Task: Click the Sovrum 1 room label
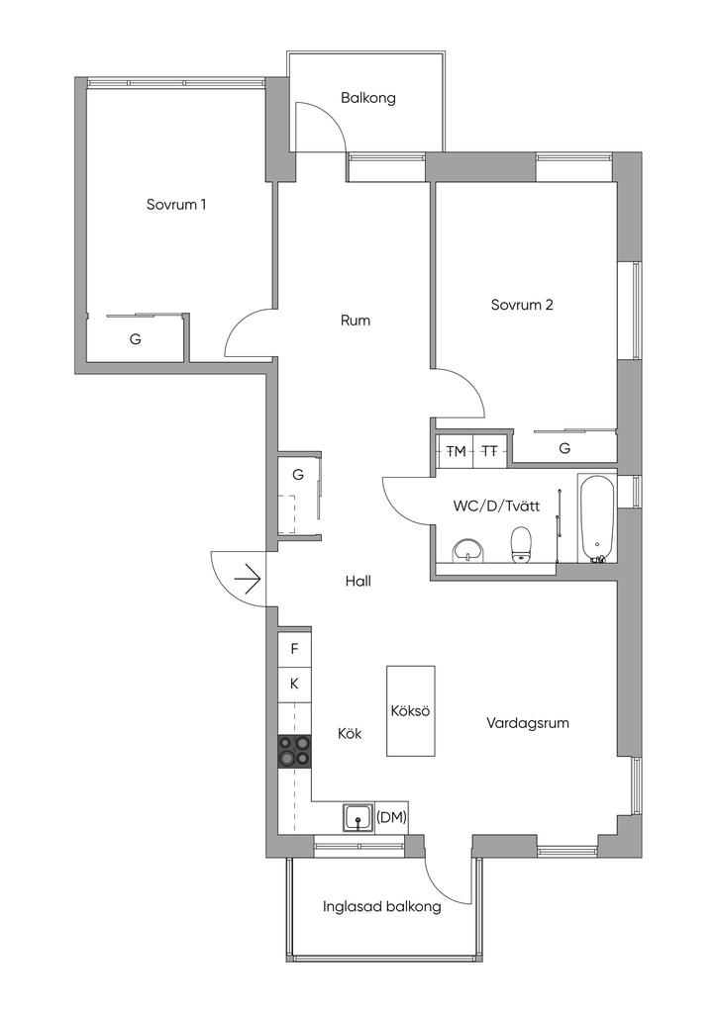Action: tap(176, 206)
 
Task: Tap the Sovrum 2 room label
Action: tap(522, 305)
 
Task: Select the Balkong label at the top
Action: tap(368, 98)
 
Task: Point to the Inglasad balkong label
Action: tap(382, 906)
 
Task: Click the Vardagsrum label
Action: tap(528, 723)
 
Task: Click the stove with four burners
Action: tap(294, 751)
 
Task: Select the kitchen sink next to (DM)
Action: tap(358, 818)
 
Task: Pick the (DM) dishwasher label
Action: tap(392, 817)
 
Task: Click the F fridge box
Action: tap(294, 650)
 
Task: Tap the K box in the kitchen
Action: tap(294, 684)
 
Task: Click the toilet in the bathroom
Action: tap(521, 544)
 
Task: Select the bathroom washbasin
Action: tap(467, 550)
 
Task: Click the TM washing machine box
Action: tap(456, 451)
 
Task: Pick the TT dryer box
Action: tap(490, 451)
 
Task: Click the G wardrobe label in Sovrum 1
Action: tap(136, 339)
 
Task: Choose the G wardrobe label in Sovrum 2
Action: tap(564, 448)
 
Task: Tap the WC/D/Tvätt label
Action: tap(496, 506)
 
